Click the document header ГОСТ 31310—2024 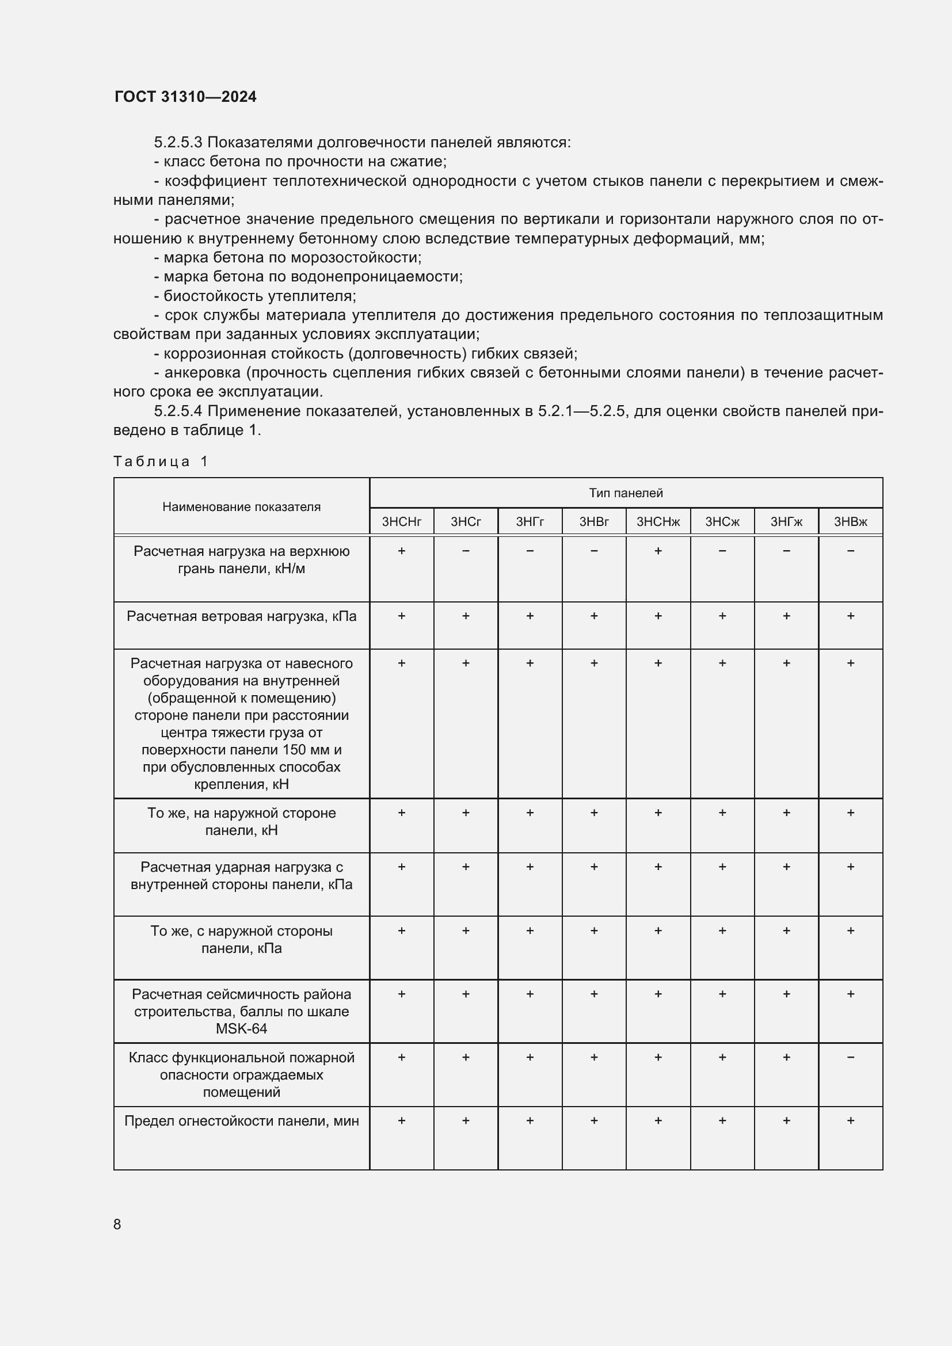[185, 97]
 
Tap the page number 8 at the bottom [117, 1224]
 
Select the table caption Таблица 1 [161, 462]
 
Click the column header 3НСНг [402, 522]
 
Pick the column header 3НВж [850, 522]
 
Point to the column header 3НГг [530, 522]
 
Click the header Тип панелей [626, 493]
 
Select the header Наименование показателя [242, 506]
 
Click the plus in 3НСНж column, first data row [658, 551]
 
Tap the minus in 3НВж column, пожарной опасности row [851, 1058]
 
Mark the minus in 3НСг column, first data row [466, 551]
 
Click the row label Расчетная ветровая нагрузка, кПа [242, 616]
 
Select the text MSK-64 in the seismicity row [242, 1029]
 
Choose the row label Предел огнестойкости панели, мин [242, 1122]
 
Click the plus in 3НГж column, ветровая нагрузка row [786, 616]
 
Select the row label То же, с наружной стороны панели [242, 940]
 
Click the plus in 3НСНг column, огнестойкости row [402, 1121]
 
